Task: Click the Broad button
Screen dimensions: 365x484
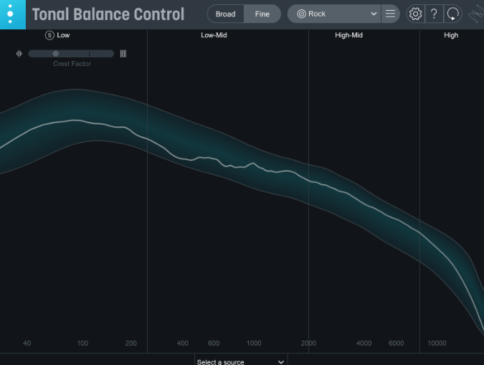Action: pos(225,14)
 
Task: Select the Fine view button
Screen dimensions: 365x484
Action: pos(262,14)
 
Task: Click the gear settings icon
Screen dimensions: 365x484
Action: pos(415,14)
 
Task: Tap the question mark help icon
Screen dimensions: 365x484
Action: pos(434,14)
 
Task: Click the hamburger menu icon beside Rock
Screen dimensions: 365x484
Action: pos(390,14)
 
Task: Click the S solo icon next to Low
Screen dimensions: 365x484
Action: pos(49,35)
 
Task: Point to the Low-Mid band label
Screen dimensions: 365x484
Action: pos(214,35)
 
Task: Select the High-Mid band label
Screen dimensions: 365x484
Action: pos(348,35)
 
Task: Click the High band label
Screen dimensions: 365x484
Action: pos(451,35)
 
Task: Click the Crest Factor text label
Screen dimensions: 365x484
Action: pos(72,64)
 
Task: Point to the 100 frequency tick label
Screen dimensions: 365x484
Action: pos(82,343)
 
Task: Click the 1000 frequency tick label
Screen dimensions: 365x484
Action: pos(254,343)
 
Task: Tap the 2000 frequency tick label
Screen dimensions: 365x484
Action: pos(309,343)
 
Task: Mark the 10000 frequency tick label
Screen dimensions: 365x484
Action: pos(437,343)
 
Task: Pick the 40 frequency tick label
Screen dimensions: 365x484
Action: pos(27,343)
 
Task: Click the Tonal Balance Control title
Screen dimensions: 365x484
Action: pos(108,14)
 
